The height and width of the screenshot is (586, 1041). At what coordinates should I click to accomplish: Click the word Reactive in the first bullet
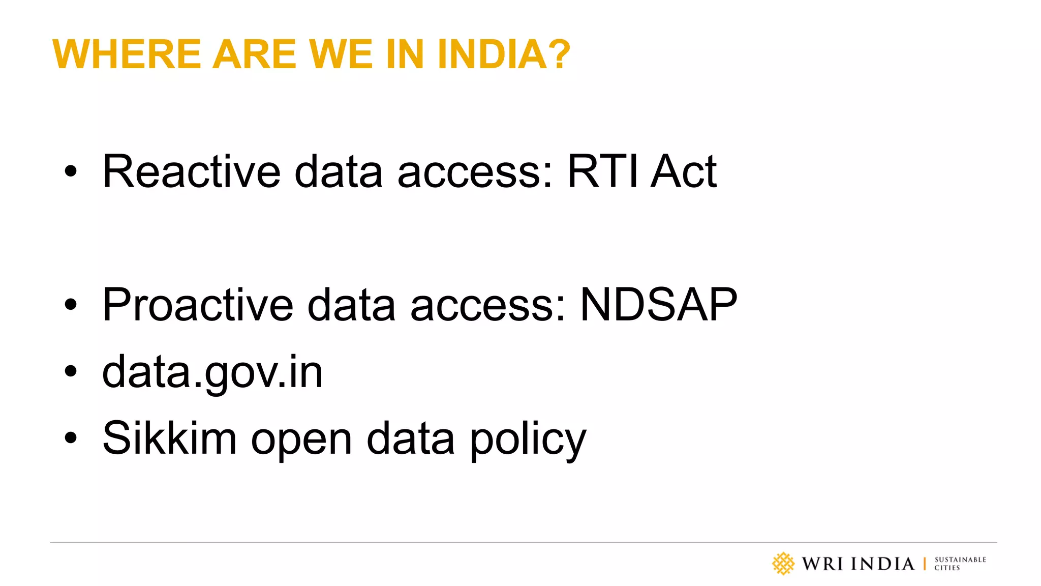pos(191,172)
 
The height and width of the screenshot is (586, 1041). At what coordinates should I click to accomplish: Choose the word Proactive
pos(198,305)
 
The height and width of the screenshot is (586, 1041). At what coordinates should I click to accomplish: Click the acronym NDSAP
pos(658,305)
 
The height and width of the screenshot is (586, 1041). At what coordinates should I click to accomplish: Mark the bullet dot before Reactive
pos(71,171)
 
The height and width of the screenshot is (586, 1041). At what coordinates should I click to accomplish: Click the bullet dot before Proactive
pos(71,305)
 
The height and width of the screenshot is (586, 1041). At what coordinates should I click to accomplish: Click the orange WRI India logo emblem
pos(783,564)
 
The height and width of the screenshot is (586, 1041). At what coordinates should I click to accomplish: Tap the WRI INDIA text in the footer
pos(858,564)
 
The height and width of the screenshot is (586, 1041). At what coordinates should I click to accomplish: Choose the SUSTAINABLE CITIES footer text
pos(960,564)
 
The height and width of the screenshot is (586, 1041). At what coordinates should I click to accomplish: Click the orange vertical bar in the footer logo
pos(925,564)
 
